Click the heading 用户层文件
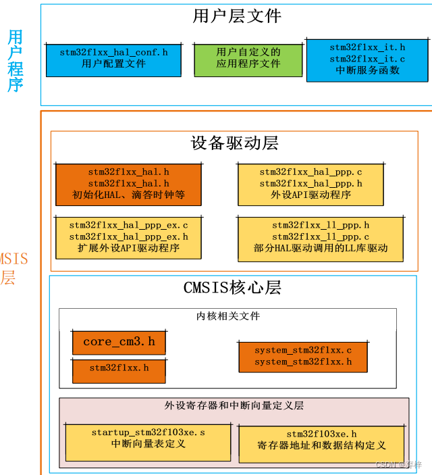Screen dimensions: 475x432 point(236,16)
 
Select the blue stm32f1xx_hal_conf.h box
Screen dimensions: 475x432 point(113,59)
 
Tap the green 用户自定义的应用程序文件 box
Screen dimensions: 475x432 point(248,59)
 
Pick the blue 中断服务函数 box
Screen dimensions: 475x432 point(367,60)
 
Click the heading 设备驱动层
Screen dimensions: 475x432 point(234,143)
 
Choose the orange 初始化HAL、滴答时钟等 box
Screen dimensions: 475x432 point(128,184)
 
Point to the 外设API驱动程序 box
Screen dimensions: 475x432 point(310,184)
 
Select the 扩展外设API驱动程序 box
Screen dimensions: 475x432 point(128,237)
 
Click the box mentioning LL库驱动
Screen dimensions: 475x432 point(321,237)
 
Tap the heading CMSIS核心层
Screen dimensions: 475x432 point(232,288)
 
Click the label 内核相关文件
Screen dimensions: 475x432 point(228,316)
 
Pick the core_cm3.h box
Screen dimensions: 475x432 point(119,342)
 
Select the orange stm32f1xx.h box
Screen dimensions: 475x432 point(119,369)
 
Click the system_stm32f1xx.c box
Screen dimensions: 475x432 point(303,356)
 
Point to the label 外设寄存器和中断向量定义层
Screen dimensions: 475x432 point(234,405)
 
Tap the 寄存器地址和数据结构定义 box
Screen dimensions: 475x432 point(321,443)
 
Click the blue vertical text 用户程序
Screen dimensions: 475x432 point(15,61)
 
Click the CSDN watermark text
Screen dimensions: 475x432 point(398,466)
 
